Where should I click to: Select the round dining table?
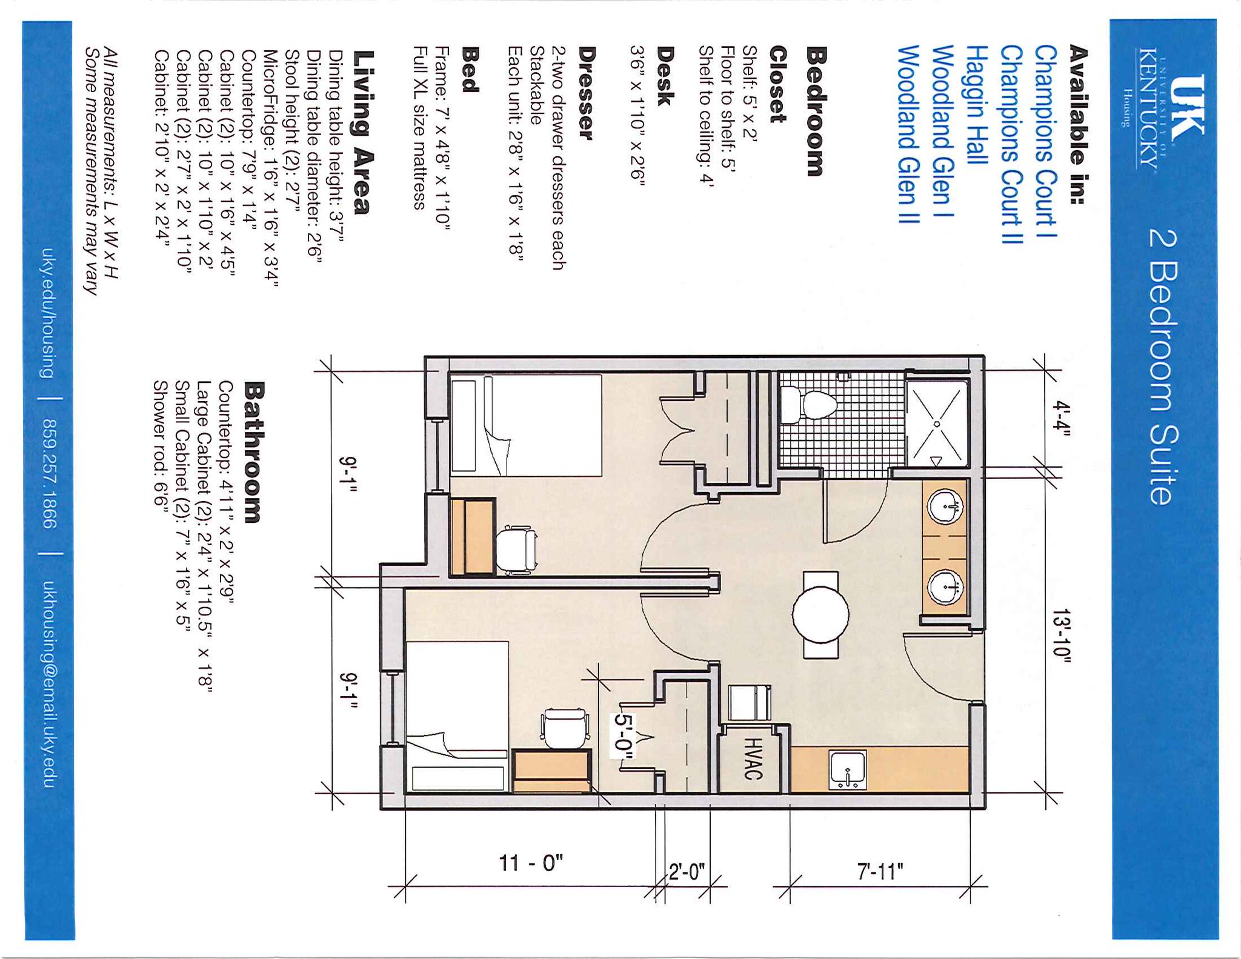[820, 614]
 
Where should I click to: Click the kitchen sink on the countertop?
[848, 770]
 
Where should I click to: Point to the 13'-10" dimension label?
[1062, 637]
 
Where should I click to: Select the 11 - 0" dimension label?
[531, 862]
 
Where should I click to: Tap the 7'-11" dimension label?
[880, 872]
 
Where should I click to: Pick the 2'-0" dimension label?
[687, 872]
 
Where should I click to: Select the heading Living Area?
[361, 133]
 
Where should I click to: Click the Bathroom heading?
[253, 452]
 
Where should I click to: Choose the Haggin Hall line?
[977, 104]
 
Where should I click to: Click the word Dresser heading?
[586, 93]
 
